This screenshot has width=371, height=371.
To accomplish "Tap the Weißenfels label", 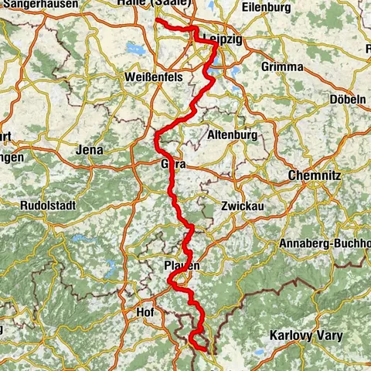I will (x=148, y=79).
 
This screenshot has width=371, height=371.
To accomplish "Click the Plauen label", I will (x=182, y=266).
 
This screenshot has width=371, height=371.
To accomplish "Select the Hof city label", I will (x=144, y=312).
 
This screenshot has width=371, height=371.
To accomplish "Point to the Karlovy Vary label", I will (x=305, y=336).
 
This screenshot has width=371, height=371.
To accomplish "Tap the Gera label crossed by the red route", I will (x=170, y=165).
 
